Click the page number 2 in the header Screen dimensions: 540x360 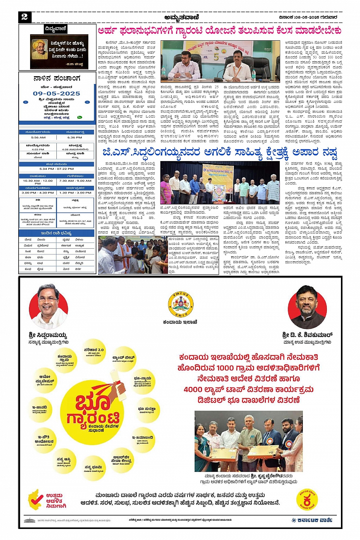coord(24,17)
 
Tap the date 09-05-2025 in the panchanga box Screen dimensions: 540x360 coord(56,93)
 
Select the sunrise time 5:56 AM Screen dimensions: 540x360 coord(38,137)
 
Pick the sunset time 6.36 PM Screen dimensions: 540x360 coord(75,137)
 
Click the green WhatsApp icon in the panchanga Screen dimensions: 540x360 coord(80,118)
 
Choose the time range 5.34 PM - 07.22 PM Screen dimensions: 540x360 coord(57,169)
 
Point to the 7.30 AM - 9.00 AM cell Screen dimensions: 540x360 coord(75,181)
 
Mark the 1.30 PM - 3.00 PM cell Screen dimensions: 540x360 coord(75,193)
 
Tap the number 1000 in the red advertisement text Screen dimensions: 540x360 coord(227,368)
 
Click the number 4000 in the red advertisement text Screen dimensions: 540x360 coord(194,390)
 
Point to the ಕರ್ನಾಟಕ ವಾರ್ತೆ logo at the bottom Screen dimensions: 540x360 coord(312,520)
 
